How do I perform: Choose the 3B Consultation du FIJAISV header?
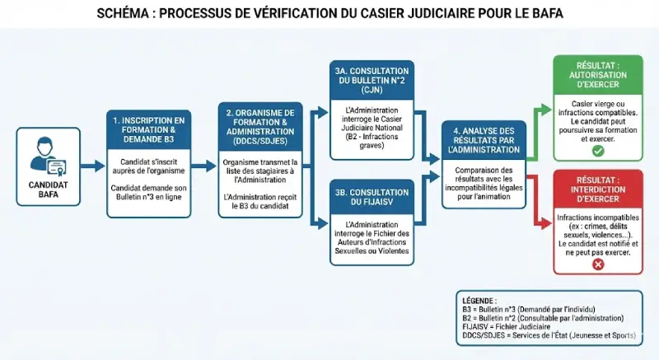(x=369, y=197)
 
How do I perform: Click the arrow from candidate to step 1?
(x=92, y=166)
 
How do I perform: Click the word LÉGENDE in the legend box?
(x=481, y=301)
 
